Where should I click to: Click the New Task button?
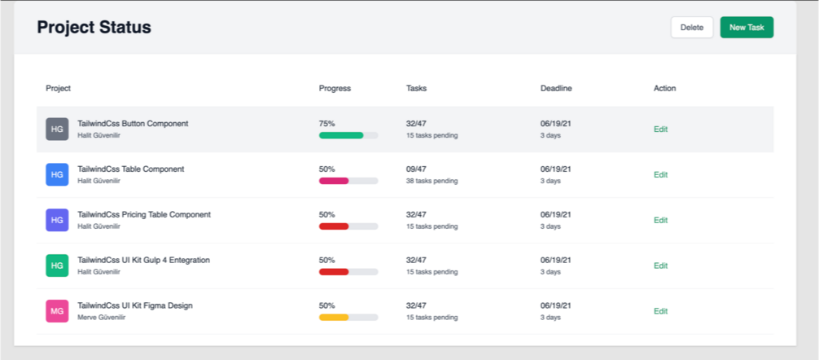pos(747,27)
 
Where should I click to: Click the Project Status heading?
pos(94,27)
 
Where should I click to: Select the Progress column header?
pos(335,88)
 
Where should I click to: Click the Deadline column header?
pos(556,88)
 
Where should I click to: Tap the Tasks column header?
pos(416,88)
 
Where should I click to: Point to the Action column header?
pos(664,88)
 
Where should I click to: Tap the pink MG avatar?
pos(57,311)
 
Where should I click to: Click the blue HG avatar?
pos(57,174)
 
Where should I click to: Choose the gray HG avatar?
pos(57,129)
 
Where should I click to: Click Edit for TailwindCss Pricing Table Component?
pos(660,220)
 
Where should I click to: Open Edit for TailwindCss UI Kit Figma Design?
pos(660,311)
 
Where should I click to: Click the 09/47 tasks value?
pos(416,169)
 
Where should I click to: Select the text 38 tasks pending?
pos(431,181)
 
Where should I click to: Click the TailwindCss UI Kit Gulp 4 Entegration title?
pos(143,260)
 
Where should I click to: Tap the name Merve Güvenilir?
pos(99,318)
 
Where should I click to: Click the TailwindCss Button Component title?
pos(133,124)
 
